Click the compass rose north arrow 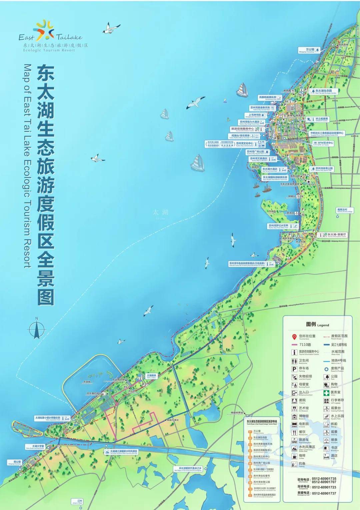(37, 329)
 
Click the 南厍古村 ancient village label (344, 210)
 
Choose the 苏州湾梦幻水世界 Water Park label (281, 226)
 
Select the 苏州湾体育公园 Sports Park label (324, 169)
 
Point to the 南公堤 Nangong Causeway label (15, 462)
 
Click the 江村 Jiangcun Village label (79, 501)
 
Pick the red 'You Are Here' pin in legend (294, 336)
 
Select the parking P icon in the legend (294, 369)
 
